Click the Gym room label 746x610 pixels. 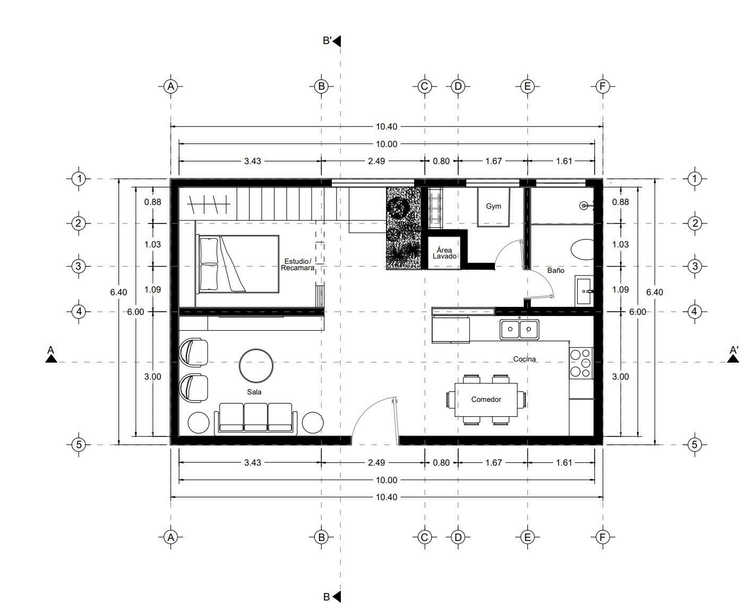click(493, 206)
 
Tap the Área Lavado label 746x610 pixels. click(444, 253)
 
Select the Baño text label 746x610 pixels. click(555, 270)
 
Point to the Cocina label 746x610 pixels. click(524, 359)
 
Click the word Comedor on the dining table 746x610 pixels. click(486, 399)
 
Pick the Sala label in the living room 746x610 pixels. click(254, 392)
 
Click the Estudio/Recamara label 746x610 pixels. click(297, 264)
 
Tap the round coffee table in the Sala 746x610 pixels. click(256, 366)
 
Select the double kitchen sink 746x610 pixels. click(519, 329)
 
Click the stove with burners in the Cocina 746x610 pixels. click(581, 363)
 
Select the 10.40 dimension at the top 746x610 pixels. click(386, 126)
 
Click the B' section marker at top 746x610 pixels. click(331, 41)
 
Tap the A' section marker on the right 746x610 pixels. click(733, 354)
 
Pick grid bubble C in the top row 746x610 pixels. click(424, 87)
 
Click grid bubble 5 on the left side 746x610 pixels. click(79, 444)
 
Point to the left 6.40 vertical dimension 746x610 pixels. click(118, 292)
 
